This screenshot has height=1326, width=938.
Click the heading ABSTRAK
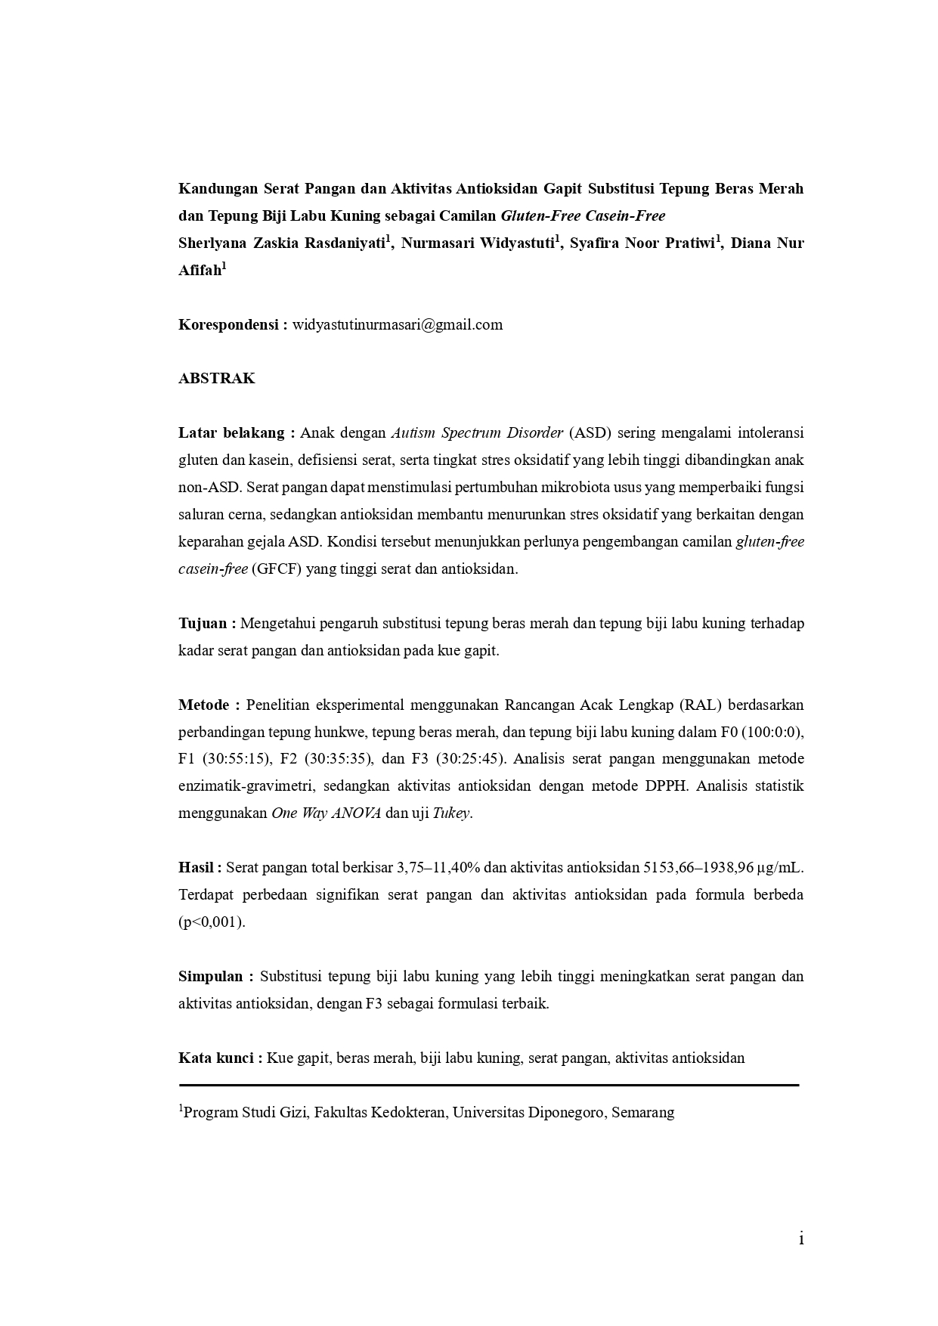[217, 379]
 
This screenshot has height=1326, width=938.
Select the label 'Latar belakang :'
[231, 433]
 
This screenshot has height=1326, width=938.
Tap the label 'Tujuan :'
[207, 624]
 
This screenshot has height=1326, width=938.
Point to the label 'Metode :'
[209, 705]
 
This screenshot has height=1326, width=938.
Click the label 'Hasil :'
[200, 868]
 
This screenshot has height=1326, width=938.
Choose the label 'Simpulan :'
[215, 977]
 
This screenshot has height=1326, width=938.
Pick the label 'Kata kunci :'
[220, 1058]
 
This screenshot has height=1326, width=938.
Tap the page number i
[800, 1239]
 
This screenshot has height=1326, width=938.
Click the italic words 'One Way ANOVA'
[326, 814]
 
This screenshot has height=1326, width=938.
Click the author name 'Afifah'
[200, 271]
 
